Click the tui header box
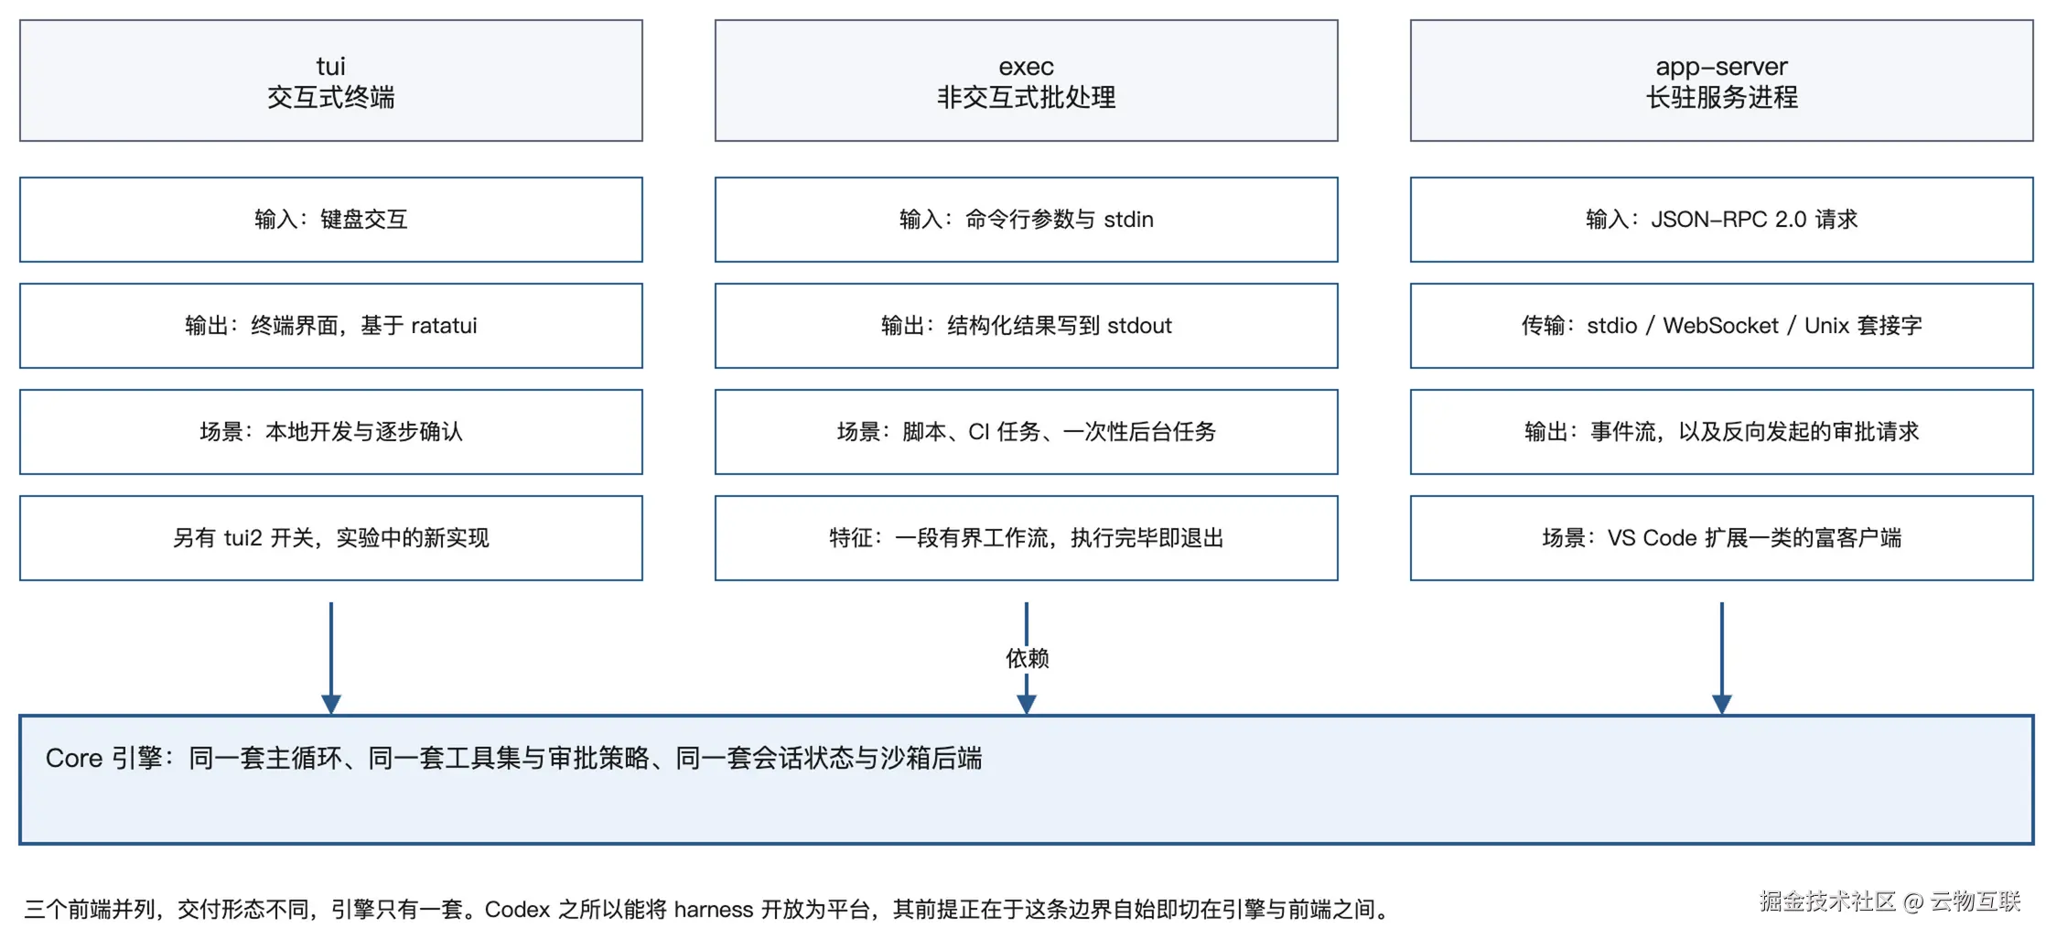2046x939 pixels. (x=331, y=81)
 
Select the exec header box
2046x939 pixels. (x=1026, y=81)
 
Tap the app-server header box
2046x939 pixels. (x=1721, y=81)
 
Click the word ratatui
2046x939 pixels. (x=444, y=326)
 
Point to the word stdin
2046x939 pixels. (x=1128, y=220)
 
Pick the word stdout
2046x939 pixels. (x=1139, y=326)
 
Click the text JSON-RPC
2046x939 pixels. (x=1708, y=220)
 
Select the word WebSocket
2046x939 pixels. (x=1720, y=326)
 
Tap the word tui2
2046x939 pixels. (x=243, y=538)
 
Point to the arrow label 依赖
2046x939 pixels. (x=1027, y=658)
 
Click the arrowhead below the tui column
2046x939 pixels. (x=331, y=704)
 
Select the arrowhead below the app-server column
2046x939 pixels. (x=1721, y=704)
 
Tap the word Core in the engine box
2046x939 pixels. (x=74, y=759)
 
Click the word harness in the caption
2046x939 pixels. (x=714, y=910)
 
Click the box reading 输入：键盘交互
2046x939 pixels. (x=331, y=220)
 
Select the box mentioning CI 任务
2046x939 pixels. (x=1026, y=432)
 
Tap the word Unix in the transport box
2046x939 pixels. (x=1826, y=326)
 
